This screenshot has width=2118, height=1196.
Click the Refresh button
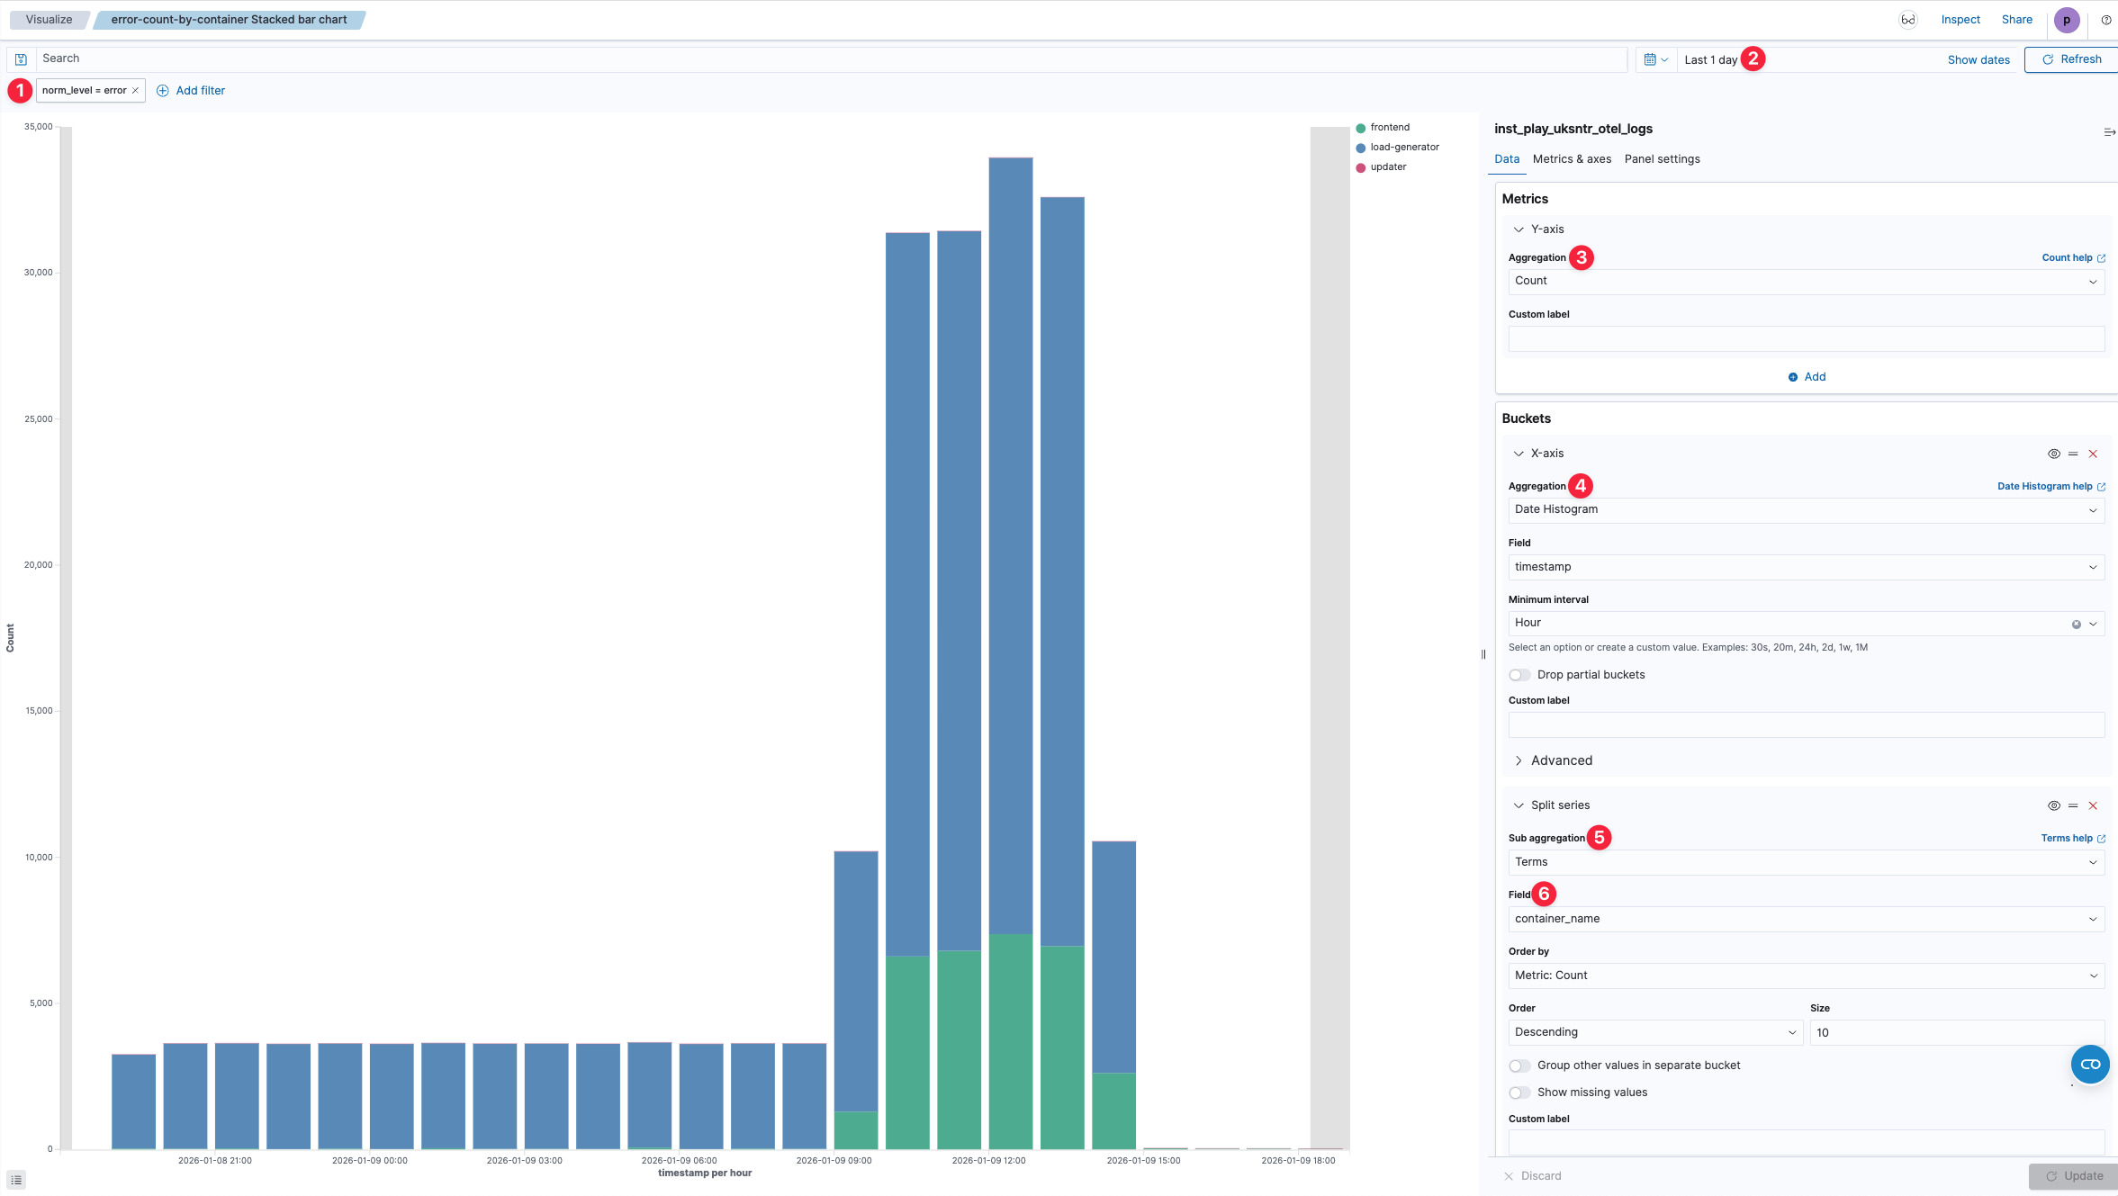click(2071, 59)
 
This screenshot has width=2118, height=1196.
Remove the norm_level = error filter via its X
click(135, 91)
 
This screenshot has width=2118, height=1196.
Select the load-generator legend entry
click(1403, 148)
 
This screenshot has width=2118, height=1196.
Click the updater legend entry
click(1387, 167)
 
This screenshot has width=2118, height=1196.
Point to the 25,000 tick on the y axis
click(39, 419)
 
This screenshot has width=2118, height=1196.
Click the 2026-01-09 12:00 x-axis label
click(988, 1160)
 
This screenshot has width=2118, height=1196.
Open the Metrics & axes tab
click(1572, 159)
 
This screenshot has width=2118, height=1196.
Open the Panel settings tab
click(1662, 159)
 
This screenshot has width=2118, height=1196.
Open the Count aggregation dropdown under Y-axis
click(1805, 282)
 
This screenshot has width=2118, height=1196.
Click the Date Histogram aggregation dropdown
click(1805, 510)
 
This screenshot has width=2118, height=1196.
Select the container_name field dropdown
click(1805, 919)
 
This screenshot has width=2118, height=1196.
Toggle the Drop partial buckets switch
click(1519, 675)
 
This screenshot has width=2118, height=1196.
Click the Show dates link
click(1978, 60)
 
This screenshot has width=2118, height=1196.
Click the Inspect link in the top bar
click(1960, 20)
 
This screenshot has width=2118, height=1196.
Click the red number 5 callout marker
click(1599, 838)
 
